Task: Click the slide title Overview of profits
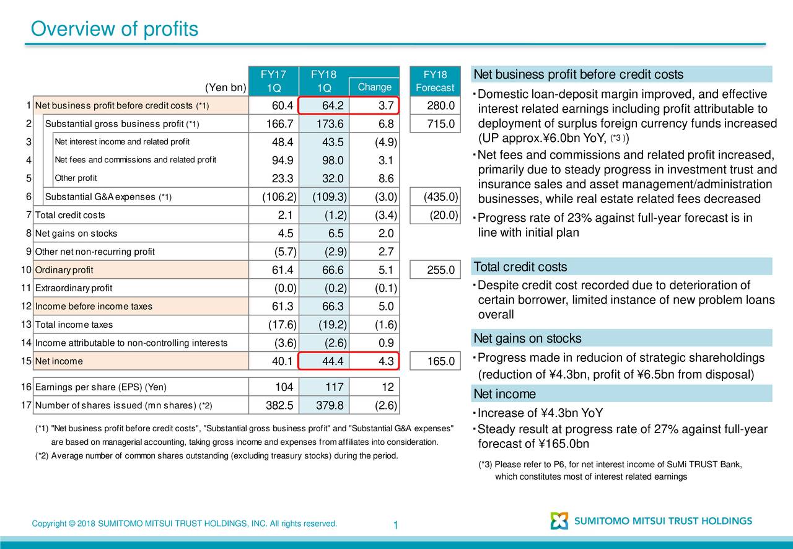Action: click(115, 29)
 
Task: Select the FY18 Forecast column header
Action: click(435, 81)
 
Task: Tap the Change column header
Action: click(375, 87)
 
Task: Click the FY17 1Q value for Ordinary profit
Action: click(283, 270)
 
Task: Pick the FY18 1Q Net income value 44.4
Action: click(333, 361)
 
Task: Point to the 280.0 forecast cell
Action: click(440, 105)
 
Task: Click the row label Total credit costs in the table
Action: click(70, 215)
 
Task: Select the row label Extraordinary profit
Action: click(74, 288)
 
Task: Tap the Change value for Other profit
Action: click(386, 178)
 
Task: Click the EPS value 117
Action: click(335, 387)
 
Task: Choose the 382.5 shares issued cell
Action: click(279, 405)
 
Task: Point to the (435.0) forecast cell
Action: click(440, 196)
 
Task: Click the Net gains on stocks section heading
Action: click(527, 338)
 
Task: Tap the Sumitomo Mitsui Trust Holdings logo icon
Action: click(559, 520)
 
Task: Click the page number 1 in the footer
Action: click(396, 525)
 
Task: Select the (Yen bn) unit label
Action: click(226, 87)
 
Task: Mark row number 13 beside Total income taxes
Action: click(27, 325)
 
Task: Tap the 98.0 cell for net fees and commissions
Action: click(333, 160)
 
